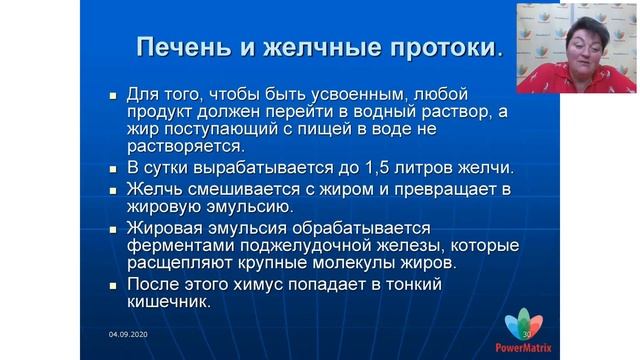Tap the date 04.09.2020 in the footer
tap(127, 333)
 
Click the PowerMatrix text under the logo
tap(524, 349)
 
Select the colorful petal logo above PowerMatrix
tap(524, 326)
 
